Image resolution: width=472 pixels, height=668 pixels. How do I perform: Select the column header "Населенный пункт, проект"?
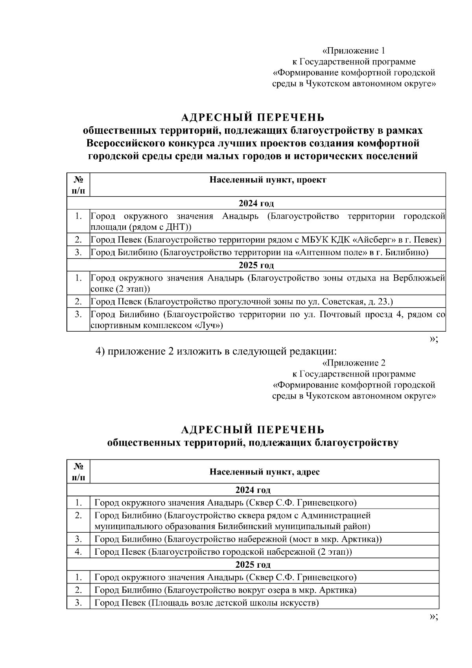point(267,180)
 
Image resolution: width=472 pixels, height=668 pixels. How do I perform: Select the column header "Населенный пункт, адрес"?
point(264,472)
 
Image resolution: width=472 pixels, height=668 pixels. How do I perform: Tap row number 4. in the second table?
point(78,552)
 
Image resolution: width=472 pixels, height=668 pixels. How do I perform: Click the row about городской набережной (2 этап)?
point(223,552)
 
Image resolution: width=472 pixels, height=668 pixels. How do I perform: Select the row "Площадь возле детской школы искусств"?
point(206,603)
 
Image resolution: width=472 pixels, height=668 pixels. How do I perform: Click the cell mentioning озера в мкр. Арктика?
point(225,590)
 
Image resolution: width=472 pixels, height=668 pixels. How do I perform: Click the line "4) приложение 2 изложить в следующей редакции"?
point(217,351)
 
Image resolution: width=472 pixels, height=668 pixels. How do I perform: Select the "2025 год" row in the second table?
point(253,565)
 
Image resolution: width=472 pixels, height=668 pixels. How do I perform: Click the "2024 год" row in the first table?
point(256,203)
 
